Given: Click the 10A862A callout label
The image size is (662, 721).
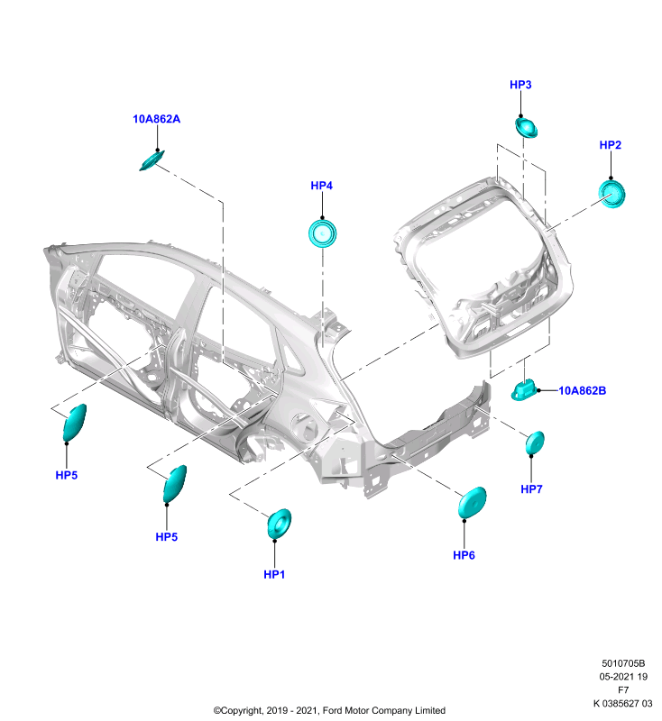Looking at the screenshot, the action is click(x=156, y=119).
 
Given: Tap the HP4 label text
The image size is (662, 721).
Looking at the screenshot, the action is click(x=322, y=186).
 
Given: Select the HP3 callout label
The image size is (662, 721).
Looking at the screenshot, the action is click(x=520, y=85).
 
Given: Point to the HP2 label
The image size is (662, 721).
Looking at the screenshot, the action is click(x=610, y=145).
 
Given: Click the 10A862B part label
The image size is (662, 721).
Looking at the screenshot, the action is click(x=582, y=390).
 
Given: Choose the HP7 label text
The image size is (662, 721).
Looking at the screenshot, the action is click(x=531, y=488).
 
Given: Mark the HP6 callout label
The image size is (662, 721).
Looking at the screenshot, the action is click(x=464, y=555).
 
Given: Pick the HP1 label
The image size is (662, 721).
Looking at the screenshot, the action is click(x=274, y=574).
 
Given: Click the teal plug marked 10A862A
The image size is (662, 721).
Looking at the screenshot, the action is click(x=152, y=160).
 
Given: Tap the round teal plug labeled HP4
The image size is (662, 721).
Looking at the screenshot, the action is click(x=323, y=233).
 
